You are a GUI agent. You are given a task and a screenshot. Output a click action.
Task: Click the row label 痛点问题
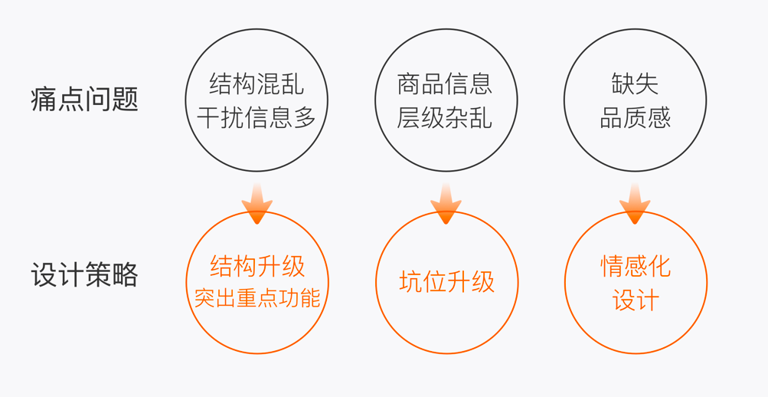click(x=85, y=100)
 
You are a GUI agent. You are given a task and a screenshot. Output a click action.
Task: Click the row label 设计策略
click(x=85, y=274)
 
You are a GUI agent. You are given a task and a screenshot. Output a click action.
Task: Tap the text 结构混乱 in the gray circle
click(x=257, y=84)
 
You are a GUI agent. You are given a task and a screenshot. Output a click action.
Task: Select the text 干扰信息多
click(x=257, y=117)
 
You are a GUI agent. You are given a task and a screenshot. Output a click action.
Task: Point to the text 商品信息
click(x=445, y=84)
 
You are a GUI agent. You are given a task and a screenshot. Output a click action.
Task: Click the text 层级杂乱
click(x=445, y=117)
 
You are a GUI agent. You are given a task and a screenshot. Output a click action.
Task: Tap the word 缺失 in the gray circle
click(x=636, y=84)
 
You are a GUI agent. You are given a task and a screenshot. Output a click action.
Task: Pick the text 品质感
click(x=636, y=117)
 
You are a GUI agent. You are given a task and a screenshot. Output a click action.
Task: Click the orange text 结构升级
click(x=257, y=267)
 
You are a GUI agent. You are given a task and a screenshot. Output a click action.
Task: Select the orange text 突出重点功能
click(x=257, y=298)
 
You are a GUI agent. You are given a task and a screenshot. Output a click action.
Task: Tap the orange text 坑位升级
click(x=446, y=282)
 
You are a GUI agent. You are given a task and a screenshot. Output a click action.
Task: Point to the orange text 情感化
click(x=636, y=266)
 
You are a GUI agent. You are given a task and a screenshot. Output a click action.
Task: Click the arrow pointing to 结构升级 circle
click(x=257, y=204)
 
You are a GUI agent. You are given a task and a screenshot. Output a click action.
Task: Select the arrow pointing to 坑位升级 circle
click(x=446, y=204)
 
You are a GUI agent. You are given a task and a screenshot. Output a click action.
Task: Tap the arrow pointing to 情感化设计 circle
click(x=635, y=204)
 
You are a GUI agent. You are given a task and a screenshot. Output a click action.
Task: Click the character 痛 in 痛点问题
click(x=44, y=100)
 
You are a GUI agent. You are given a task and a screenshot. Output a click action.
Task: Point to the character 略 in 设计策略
click(x=126, y=274)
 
